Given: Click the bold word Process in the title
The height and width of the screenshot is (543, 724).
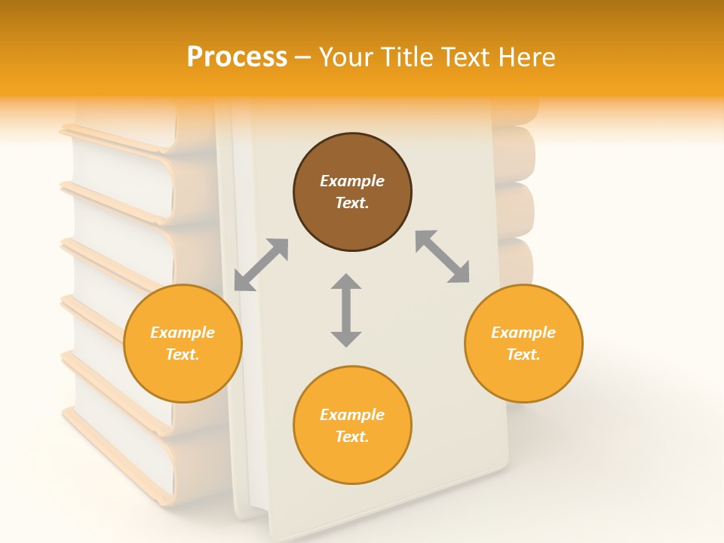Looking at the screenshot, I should click(x=237, y=57).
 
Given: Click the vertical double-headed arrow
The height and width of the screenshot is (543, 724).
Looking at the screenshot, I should click(x=346, y=310).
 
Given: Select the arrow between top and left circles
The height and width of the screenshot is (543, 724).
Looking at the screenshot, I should click(x=261, y=265).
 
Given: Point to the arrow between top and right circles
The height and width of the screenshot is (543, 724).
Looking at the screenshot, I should click(x=443, y=257).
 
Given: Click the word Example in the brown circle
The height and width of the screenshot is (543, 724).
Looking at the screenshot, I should click(x=352, y=181).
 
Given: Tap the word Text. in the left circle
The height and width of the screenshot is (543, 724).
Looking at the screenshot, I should click(x=183, y=354).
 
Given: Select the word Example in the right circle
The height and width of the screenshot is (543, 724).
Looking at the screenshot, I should click(x=523, y=333).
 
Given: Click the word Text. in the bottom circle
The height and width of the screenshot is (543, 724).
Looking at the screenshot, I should click(x=352, y=437).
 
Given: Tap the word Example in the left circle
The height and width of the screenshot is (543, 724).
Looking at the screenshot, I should click(x=183, y=333).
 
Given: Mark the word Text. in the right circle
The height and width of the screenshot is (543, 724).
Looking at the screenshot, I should click(x=523, y=354).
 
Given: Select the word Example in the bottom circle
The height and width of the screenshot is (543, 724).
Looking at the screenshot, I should click(x=352, y=415).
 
